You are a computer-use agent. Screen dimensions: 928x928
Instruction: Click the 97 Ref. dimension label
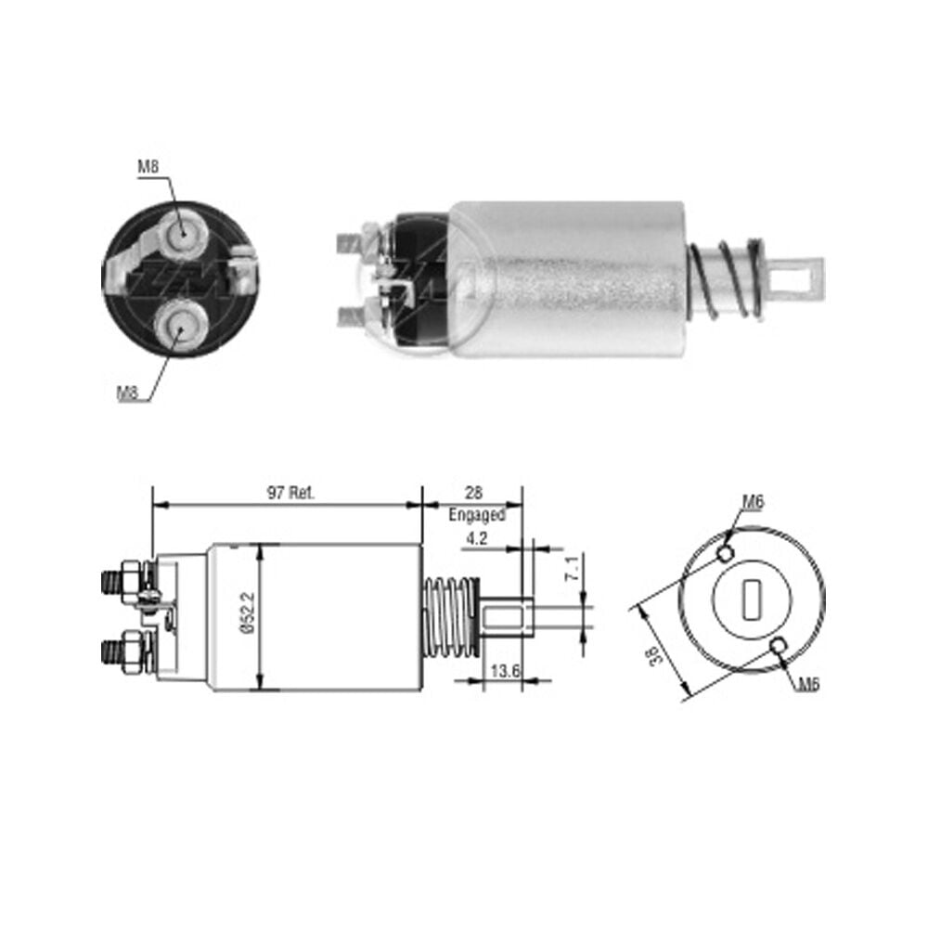[290, 493]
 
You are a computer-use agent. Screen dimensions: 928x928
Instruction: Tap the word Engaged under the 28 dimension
[477, 515]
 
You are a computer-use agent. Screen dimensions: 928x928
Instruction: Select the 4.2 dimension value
[476, 538]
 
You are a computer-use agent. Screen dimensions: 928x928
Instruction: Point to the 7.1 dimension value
[573, 567]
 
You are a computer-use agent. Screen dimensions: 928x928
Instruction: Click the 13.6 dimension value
[505, 671]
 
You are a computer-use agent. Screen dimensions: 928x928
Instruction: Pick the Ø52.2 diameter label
[248, 613]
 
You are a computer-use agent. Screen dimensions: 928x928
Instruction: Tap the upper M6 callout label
[754, 502]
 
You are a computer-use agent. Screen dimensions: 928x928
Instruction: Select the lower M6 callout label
[808, 685]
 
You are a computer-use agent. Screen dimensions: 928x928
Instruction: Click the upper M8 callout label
[148, 167]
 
